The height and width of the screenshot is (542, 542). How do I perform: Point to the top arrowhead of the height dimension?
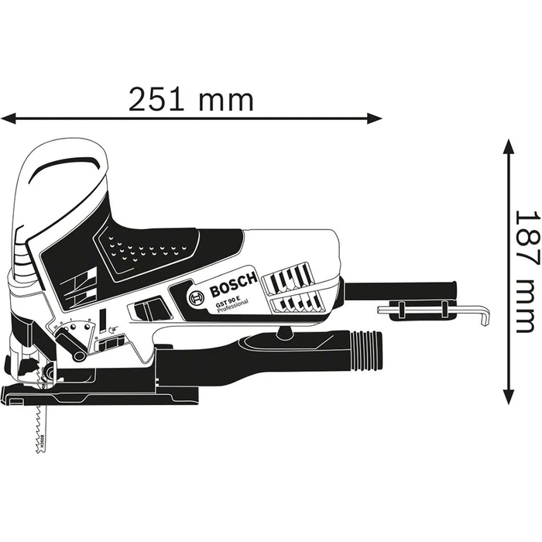pyautogui.click(x=507, y=147)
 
